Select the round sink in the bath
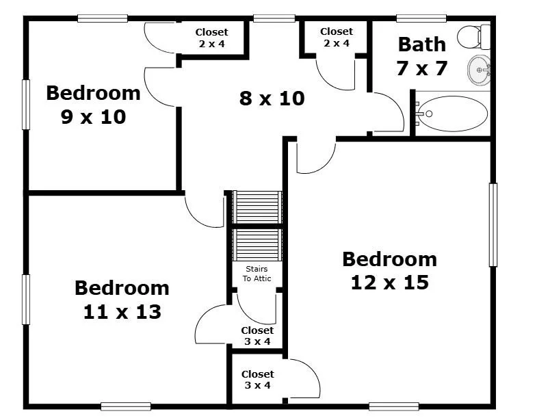point(479,70)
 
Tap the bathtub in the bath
point(452,114)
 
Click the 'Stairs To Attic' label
point(257,274)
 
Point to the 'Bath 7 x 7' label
point(422,56)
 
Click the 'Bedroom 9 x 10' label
point(93,105)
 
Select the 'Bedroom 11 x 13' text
point(122,300)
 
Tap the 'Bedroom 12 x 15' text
point(390,270)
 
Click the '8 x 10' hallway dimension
point(272,99)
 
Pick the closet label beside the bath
point(337,37)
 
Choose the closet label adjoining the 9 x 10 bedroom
point(211,38)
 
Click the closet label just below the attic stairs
point(257,336)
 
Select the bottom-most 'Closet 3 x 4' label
point(257,380)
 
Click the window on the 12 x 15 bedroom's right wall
point(493,225)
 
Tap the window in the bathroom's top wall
point(421,18)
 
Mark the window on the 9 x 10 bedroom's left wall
point(26,105)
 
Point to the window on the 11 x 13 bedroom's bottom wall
point(126,406)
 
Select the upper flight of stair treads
point(257,207)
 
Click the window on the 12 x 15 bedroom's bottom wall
point(394,406)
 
